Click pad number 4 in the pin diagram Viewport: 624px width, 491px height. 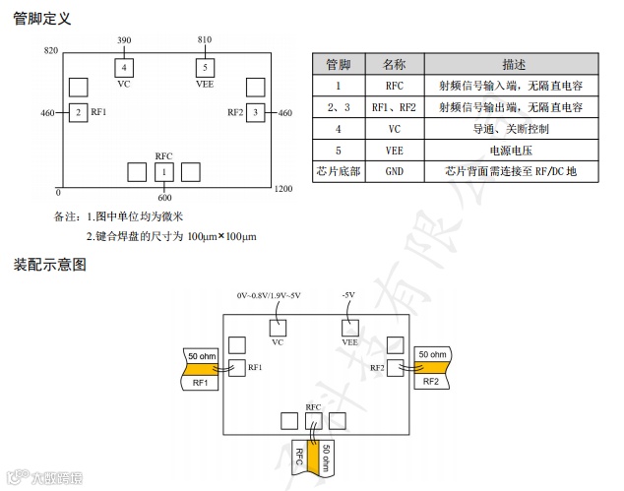point(125,67)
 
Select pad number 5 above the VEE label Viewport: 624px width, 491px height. point(205,67)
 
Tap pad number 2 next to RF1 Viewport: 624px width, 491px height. point(78,113)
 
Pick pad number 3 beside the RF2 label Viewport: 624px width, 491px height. point(255,113)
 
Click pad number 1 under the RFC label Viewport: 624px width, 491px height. point(163,172)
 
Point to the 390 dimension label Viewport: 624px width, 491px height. point(124,40)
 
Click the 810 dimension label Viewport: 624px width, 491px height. point(205,40)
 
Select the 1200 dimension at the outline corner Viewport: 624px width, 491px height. point(282,188)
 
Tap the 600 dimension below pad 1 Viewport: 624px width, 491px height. point(163,198)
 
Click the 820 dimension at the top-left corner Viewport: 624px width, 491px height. point(51,49)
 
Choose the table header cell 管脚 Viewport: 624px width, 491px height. point(339,63)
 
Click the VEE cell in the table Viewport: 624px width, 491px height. point(395,150)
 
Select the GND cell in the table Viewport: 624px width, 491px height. point(395,171)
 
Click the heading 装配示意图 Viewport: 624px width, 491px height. point(50,264)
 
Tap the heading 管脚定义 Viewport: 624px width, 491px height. point(41,18)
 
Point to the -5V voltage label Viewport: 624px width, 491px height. point(348,295)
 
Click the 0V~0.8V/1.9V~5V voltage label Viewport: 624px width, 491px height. point(269,295)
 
